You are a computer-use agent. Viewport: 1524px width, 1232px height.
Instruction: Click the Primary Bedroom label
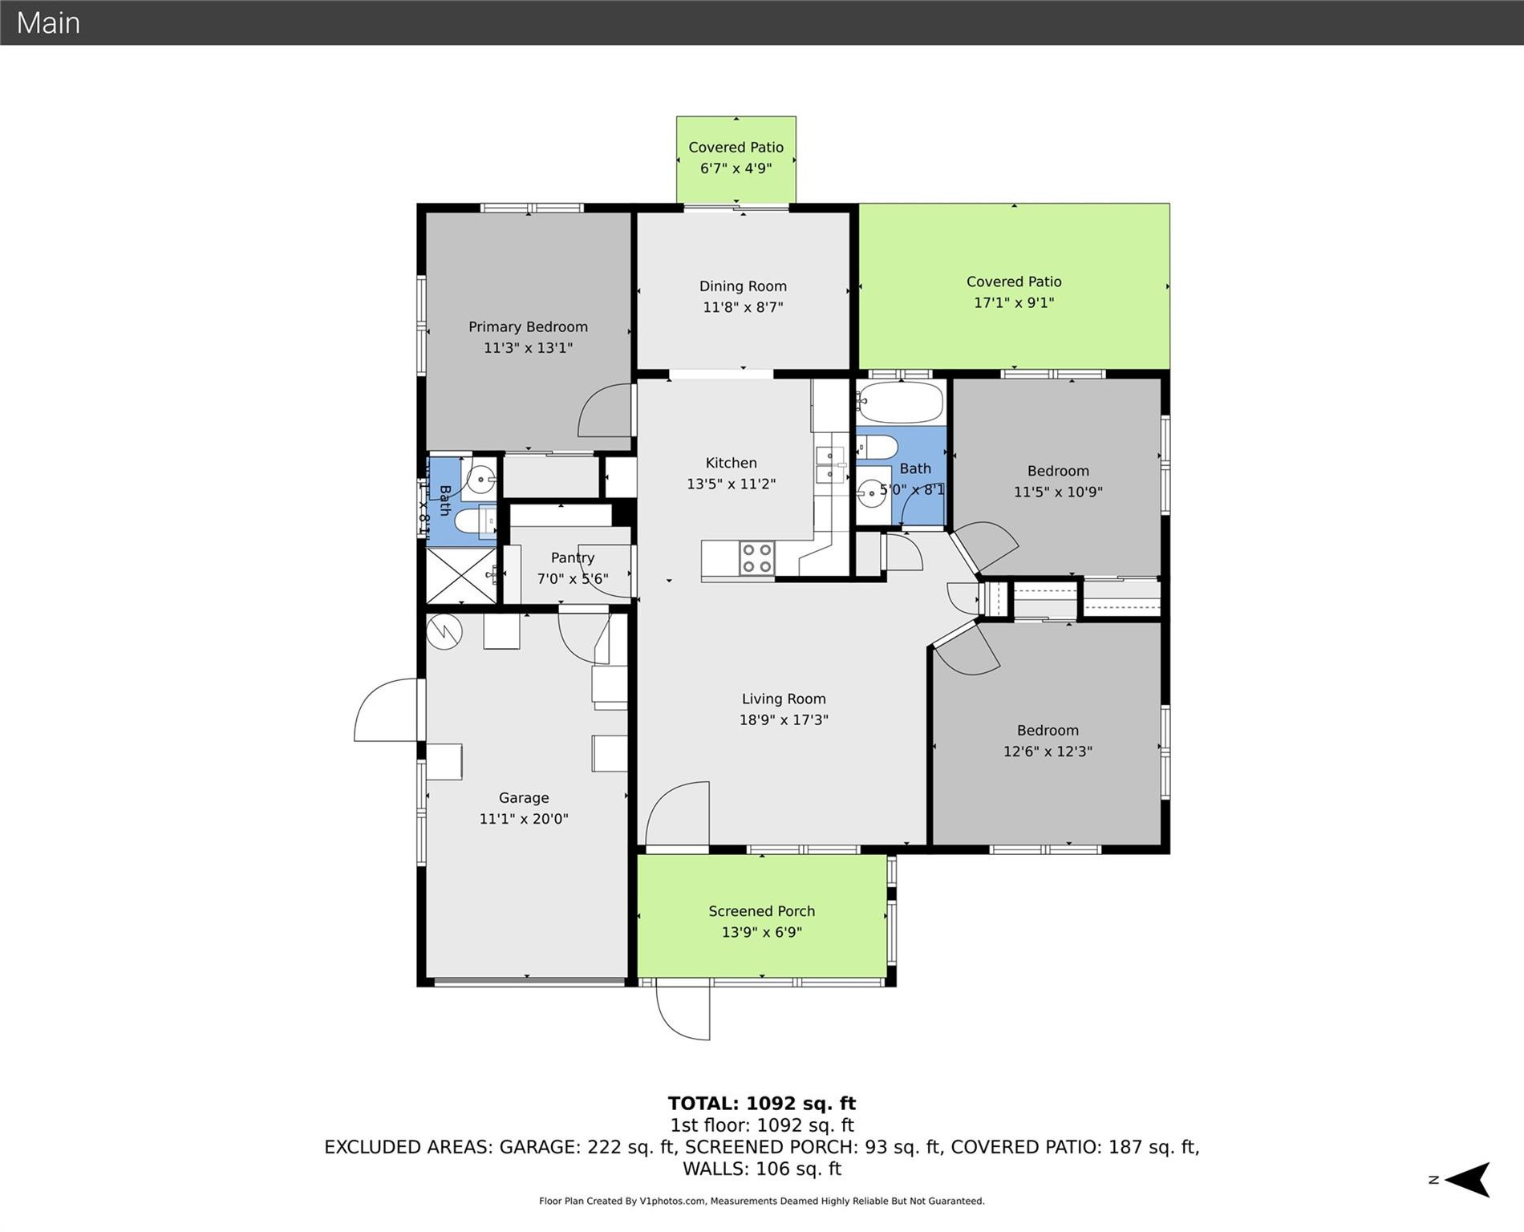[x=528, y=326]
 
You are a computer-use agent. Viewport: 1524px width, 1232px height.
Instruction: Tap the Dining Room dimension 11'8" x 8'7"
[x=743, y=307]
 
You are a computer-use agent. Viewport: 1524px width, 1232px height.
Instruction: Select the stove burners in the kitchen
[x=756, y=558]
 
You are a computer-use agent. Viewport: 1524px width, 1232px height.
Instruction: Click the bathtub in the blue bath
[x=900, y=403]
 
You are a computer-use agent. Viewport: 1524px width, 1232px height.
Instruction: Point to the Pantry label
[x=572, y=557]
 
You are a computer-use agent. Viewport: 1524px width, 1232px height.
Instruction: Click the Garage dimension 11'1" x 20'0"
[x=524, y=819]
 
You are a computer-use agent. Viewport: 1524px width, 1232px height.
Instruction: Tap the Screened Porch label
[x=761, y=911]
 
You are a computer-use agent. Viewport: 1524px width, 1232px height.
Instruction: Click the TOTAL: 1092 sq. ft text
[x=761, y=1104]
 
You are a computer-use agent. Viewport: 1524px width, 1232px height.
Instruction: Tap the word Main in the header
[x=48, y=22]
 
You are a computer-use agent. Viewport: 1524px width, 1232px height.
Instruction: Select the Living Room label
[x=783, y=699]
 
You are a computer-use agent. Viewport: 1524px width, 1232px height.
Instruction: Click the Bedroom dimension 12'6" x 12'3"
[x=1048, y=752]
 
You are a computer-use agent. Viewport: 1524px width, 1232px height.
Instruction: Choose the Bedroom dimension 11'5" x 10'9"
[x=1058, y=492]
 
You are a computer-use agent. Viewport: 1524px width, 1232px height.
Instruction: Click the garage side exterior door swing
[x=385, y=711]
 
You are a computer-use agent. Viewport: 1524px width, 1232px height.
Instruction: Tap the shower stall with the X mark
[x=460, y=575]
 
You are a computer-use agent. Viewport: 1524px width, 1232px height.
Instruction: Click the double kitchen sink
[x=831, y=466]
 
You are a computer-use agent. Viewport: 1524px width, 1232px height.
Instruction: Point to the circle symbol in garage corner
[x=444, y=631]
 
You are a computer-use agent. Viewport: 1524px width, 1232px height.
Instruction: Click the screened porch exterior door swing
[x=683, y=1011]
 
